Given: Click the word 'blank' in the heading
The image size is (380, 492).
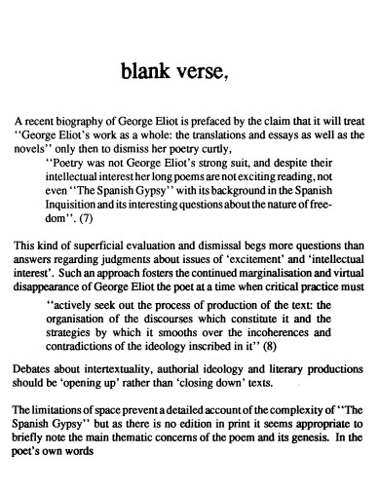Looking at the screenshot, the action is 147,70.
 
